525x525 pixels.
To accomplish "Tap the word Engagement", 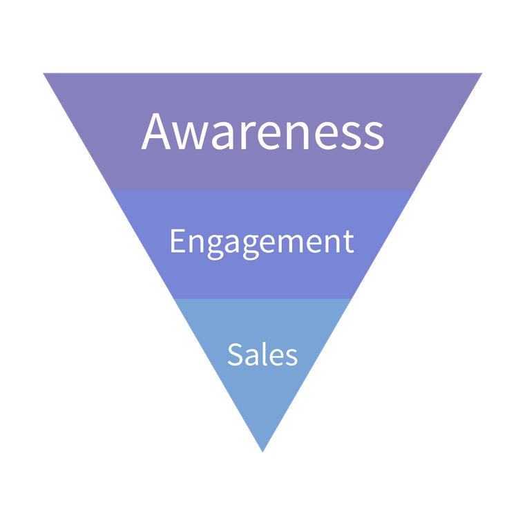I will coord(261,242).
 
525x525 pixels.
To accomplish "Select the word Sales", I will coord(262,354).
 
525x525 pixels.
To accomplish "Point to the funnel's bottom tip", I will coord(262,450).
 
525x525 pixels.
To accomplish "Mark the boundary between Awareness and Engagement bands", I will coord(262,190).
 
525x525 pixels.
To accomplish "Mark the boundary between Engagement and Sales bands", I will coord(262,299).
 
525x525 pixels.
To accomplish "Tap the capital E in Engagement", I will coord(176,242).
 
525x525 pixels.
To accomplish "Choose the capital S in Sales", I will coord(235,354).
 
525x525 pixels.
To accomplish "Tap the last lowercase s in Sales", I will coord(292,357).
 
